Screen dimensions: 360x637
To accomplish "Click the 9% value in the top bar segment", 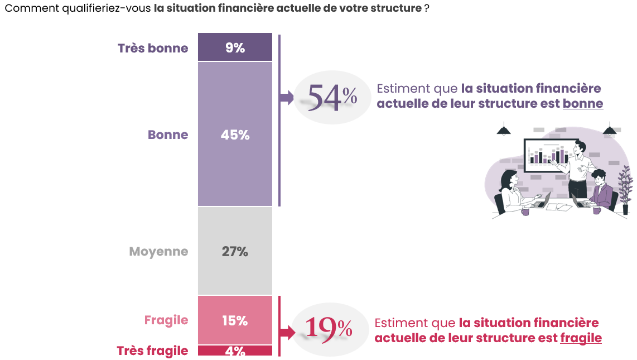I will pyautogui.click(x=235, y=48).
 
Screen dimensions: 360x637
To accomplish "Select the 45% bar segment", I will pyautogui.click(x=235, y=135).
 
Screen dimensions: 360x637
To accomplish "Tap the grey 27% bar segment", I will pyautogui.click(x=235, y=251).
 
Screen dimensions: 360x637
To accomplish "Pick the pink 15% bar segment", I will pyautogui.click(x=235, y=320).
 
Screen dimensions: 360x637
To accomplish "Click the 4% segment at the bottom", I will pyautogui.click(x=235, y=351).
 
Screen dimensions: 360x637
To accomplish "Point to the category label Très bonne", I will pyautogui.click(x=153, y=48).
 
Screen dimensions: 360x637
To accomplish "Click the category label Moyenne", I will pyautogui.click(x=158, y=251).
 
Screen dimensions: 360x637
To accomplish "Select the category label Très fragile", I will pyautogui.click(x=152, y=351).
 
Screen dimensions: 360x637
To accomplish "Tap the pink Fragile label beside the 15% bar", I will pyautogui.click(x=166, y=320).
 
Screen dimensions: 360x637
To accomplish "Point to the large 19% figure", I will pyautogui.click(x=329, y=329).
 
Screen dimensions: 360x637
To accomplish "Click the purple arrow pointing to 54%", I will pyautogui.click(x=286, y=98).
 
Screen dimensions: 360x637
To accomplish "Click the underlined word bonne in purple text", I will pyautogui.click(x=582, y=103).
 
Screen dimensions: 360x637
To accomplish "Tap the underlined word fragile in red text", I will pyautogui.click(x=581, y=338).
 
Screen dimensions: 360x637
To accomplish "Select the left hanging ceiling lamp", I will pyautogui.click(x=504, y=129).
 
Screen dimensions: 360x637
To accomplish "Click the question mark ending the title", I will pyautogui.click(x=426, y=9).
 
